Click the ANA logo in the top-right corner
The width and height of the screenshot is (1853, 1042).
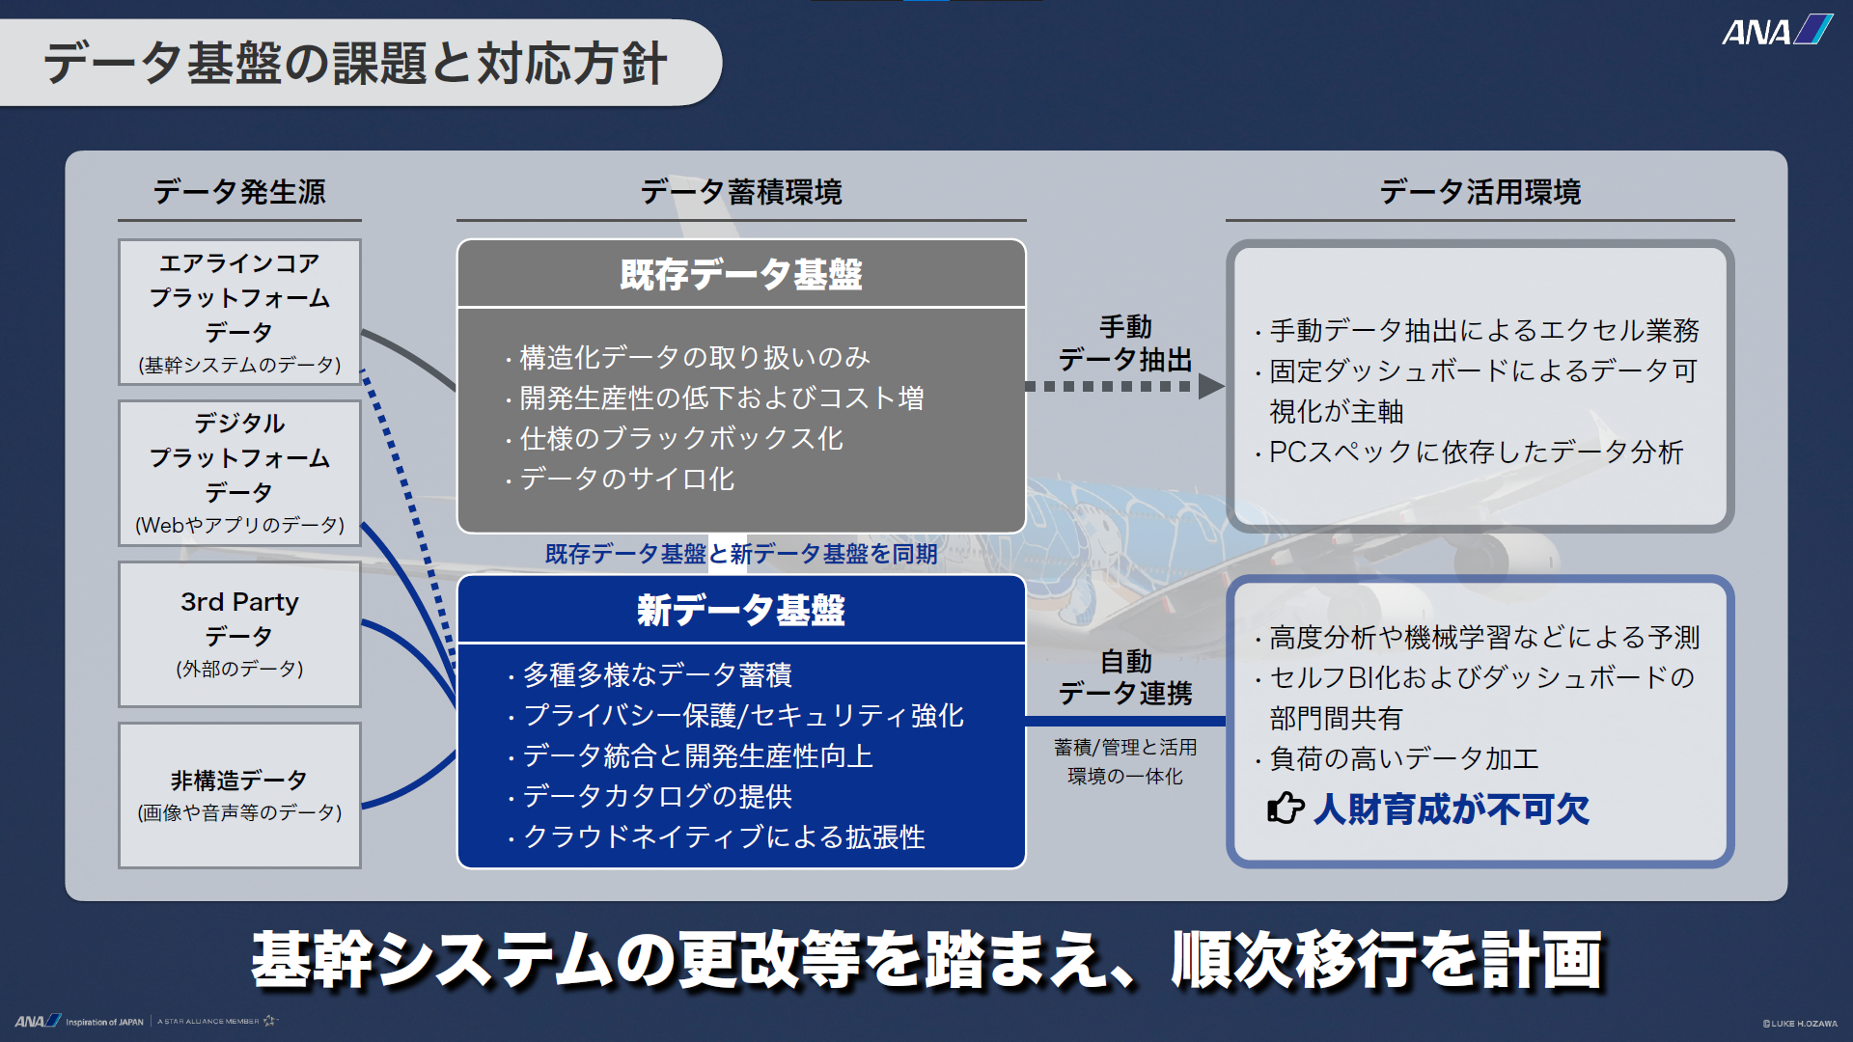[x=1778, y=31]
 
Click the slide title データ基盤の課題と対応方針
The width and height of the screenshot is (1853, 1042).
[x=355, y=64]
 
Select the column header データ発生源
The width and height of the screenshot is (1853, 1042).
[x=239, y=192]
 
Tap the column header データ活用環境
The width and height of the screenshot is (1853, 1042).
[x=1480, y=192]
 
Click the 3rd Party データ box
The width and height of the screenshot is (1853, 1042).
[x=239, y=635]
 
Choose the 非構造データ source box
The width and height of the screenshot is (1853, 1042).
[x=239, y=795]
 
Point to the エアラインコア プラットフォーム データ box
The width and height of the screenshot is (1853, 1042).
[x=239, y=312]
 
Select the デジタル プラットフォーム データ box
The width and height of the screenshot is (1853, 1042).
[x=239, y=473]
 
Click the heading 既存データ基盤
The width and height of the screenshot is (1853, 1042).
[x=741, y=275]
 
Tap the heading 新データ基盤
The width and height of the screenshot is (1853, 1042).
[x=741, y=611]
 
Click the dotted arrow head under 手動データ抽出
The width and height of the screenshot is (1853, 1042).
[x=1211, y=386]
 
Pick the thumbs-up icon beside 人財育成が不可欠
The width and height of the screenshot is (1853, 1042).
[x=1286, y=808]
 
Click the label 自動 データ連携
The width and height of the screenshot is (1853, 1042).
[x=1125, y=677]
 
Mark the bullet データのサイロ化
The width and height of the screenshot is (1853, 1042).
[x=620, y=479]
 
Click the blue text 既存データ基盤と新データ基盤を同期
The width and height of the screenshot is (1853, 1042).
[x=741, y=554]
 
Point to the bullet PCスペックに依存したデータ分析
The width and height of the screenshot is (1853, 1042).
[x=1470, y=452]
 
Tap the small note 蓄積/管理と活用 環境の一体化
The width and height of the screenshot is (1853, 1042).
[x=1125, y=761]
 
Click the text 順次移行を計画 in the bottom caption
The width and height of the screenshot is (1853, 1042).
[x=1387, y=960]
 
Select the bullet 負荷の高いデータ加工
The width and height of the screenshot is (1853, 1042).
[x=1397, y=758]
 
